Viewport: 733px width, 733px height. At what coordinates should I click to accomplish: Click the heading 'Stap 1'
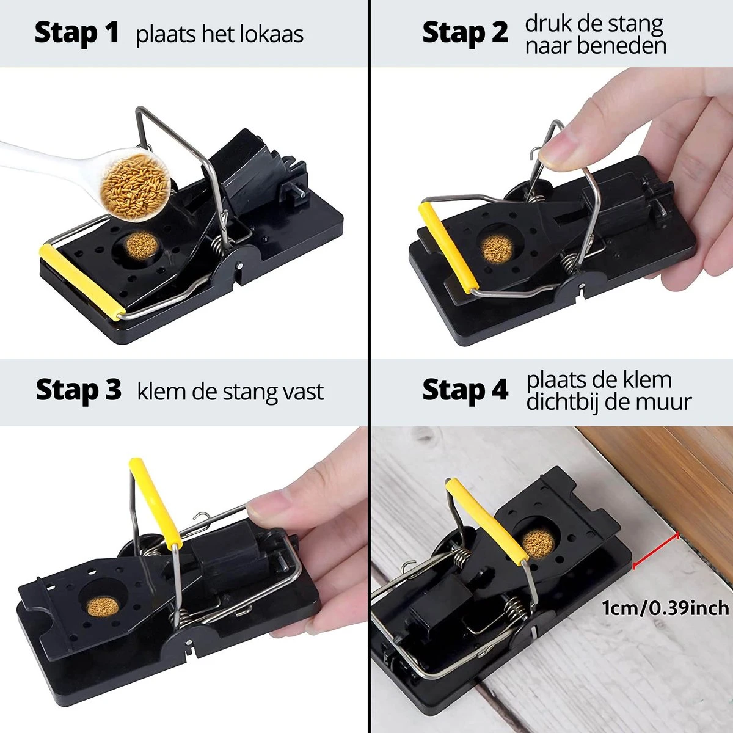click(76, 33)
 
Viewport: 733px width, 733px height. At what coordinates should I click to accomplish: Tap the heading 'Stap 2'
click(464, 33)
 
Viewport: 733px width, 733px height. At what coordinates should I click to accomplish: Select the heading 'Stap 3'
click(78, 390)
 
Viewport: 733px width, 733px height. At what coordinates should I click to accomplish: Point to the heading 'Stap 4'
click(464, 390)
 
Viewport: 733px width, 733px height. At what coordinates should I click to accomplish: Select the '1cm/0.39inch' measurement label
click(665, 608)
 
